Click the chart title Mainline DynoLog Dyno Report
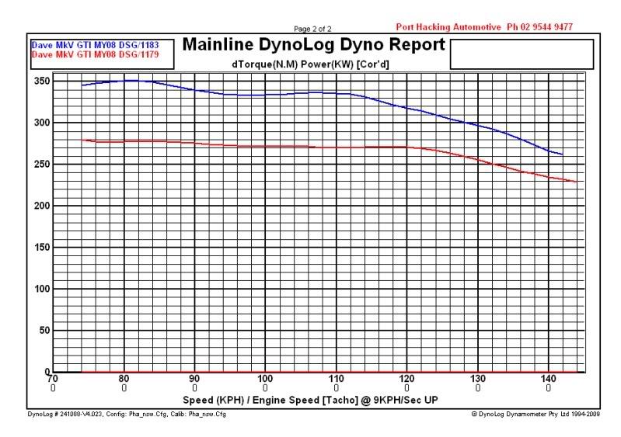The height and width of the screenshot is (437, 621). click(x=314, y=46)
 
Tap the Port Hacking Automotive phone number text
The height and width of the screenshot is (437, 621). click(x=484, y=26)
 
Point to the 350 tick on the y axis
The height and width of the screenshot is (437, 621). click(x=40, y=82)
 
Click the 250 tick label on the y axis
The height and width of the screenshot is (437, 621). click(x=40, y=165)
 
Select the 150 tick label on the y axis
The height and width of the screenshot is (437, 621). click(x=40, y=248)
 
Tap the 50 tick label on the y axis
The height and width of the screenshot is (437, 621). click(x=43, y=331)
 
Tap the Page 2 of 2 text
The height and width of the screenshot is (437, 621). click(x=313, y=28)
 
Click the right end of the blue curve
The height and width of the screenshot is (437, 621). click(x=562, y=154)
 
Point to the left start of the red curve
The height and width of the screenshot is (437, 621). click(x=82, y=140)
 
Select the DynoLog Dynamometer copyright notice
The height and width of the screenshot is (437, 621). click(x=536, y=414)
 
